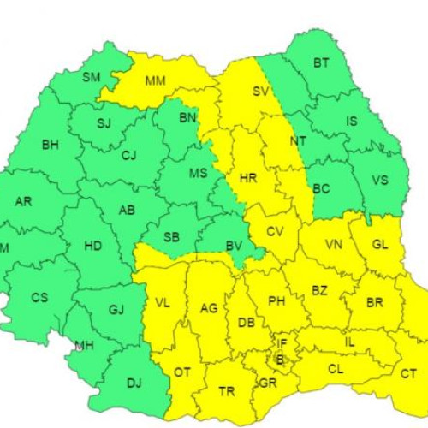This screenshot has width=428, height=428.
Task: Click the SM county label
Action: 92,77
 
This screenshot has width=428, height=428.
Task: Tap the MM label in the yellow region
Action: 156,82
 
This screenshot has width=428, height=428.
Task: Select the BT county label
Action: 321,63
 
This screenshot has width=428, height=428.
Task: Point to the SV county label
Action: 260,91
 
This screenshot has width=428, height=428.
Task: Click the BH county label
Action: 51,145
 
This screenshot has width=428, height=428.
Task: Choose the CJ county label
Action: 129,156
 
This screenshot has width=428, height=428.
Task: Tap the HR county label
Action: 248,179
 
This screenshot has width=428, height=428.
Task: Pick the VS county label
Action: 382,180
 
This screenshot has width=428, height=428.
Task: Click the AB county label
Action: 127,210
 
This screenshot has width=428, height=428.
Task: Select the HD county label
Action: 93,246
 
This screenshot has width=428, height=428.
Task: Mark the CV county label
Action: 275,232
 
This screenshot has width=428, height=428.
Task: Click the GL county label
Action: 380,244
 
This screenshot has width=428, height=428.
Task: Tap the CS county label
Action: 40,298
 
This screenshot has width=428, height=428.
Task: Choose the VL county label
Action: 162,302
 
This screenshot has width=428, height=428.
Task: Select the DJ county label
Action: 134,383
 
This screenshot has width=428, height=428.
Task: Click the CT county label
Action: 409,374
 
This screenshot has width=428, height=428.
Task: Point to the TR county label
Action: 227,391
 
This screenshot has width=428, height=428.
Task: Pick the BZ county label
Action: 319,291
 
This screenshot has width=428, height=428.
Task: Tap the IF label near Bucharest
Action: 282,343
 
